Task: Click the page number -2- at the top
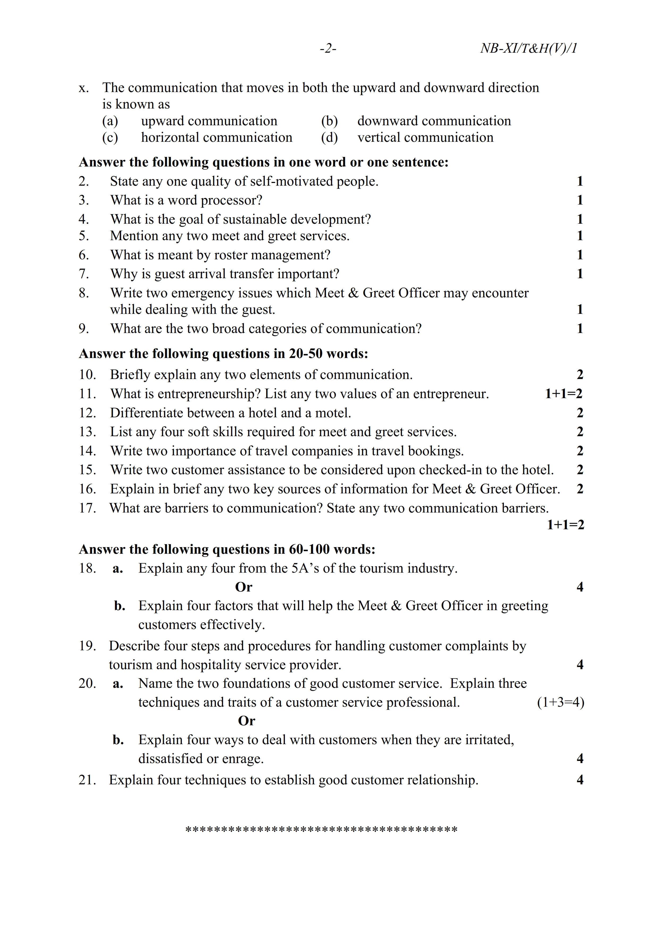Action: pyautogui.click(x=328, y=49)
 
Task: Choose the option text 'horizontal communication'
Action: pyautogui.click(x=216, y=138)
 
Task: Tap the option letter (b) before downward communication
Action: pyautogui.click(x=329, y=121)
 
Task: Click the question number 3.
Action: pyautogui.click(x=84, y=200)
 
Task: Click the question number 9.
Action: pyautogui.click(x=84, y=328)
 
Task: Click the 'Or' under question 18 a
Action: pyautogui.click(x=244, y=587)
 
